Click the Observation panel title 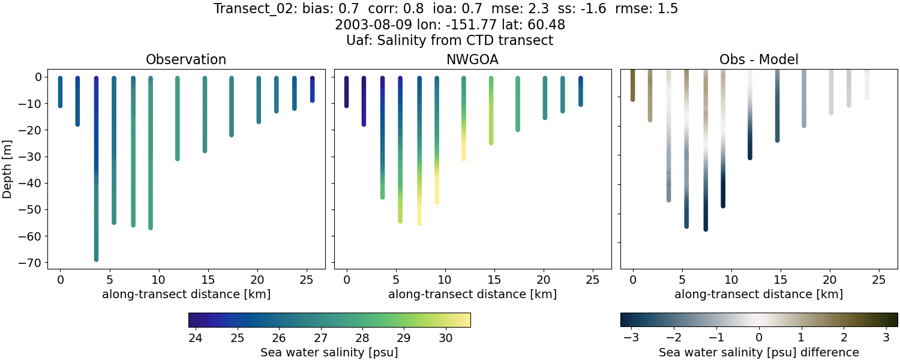[186, 60]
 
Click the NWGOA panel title [472, 60]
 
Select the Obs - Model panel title [758, 60]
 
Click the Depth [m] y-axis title [7, 169]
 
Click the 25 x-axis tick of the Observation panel [306, 280]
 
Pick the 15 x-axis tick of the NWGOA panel [494, 280]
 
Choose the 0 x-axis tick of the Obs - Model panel [632, 280]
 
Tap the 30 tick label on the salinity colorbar [445, 338]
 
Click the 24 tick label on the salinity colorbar [195, 338]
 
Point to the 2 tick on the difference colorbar [844, 338]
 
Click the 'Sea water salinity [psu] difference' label [758, 352]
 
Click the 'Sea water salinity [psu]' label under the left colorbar [329, 352]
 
